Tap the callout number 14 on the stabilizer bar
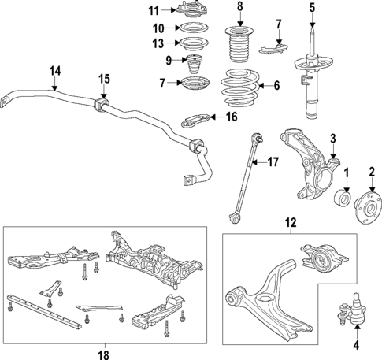point(54,70)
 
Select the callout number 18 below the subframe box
point(103,354)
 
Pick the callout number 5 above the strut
point(311,8)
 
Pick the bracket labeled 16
point(198,121)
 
